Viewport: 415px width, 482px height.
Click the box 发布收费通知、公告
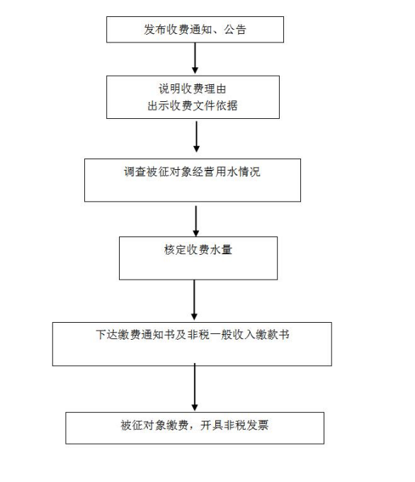click(x=195, y=30)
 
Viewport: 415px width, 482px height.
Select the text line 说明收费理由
click(x=193, y=89)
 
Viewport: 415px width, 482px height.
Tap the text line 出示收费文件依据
click(x=193, y=105)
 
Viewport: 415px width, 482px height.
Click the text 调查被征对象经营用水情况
click(x=192, y=171)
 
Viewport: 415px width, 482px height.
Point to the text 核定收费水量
click(x=198, y=249)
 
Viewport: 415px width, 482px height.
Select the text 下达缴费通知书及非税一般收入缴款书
click(x=193, y=335)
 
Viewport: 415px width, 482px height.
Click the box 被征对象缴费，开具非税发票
click(x=195, y=428)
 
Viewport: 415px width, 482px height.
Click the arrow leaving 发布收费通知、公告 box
click(x=195, y=58)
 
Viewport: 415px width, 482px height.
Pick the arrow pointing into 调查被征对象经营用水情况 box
click(x=197, y=137)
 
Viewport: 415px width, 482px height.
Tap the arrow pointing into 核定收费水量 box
click(x=196, y=221)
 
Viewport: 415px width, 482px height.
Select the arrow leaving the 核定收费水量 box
click(x=194, y=299)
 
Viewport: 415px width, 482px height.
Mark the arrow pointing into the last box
click(x=195, y=386)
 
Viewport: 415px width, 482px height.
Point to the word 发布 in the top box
click(x=155, y=30)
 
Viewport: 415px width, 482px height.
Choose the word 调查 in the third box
click(x=135, y=171)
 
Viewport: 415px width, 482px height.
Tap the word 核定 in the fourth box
click(x=176, y=249)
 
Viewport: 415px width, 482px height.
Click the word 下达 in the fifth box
click(x=107, y=335)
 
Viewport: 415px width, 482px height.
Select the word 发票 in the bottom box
click(x=258, y=425)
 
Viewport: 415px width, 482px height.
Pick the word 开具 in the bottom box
click(x=212, y=425)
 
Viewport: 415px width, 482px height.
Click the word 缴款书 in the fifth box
click(x=273, y=335)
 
